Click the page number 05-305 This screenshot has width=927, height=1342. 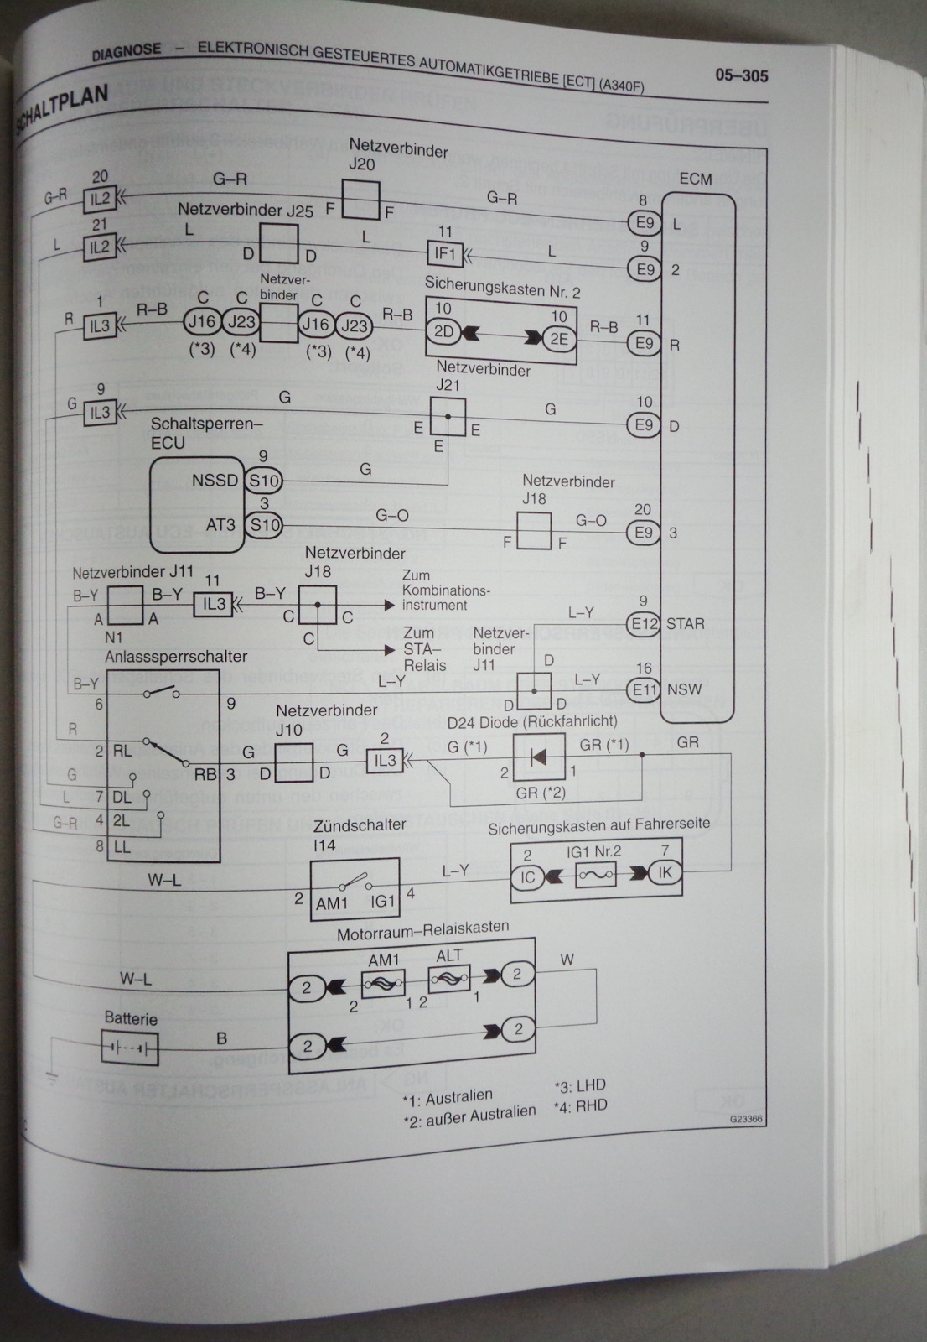[x=741, y=75]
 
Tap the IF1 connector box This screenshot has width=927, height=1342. [x=444, y=252]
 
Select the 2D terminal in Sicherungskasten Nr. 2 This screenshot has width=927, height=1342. [x=443, y=331]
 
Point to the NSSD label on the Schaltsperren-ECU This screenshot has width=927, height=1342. [x=215, y=481]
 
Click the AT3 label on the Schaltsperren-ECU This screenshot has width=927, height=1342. [x=221, y=525]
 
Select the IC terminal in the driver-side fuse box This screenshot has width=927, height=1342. [x=527, y=877]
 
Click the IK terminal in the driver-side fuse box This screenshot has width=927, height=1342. [x=665, y=873]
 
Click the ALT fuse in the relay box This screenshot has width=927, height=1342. [x=449, y=978]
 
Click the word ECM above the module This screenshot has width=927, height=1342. [x=696, y=179]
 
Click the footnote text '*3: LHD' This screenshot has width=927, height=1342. [x=580, y=1085]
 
